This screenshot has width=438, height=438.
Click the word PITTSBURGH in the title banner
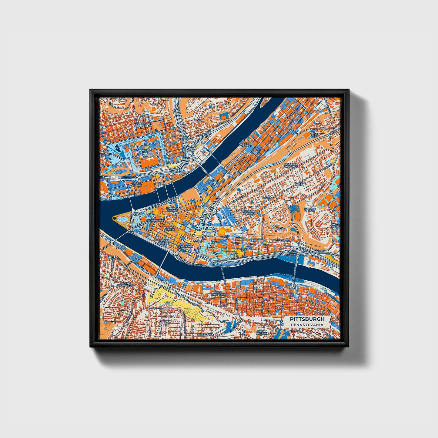pos(307,319)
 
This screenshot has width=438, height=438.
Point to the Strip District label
pos(246,144)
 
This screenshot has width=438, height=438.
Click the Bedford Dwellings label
pos(290,166)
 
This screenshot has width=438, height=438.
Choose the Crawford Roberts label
pos(249,212)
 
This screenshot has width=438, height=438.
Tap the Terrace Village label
pos(310,210)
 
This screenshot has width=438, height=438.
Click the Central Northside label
pos(142,125)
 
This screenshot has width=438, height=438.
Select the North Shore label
pos(137,184)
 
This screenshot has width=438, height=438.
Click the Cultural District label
pos(172,209)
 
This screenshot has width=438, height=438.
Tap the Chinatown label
pos(185,247)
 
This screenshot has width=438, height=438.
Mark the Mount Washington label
pos(125,284)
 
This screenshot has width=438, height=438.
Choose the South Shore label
pos(120,247)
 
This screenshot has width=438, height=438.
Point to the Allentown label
pos(205,334)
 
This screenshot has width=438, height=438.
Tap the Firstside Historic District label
pos(163,242)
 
